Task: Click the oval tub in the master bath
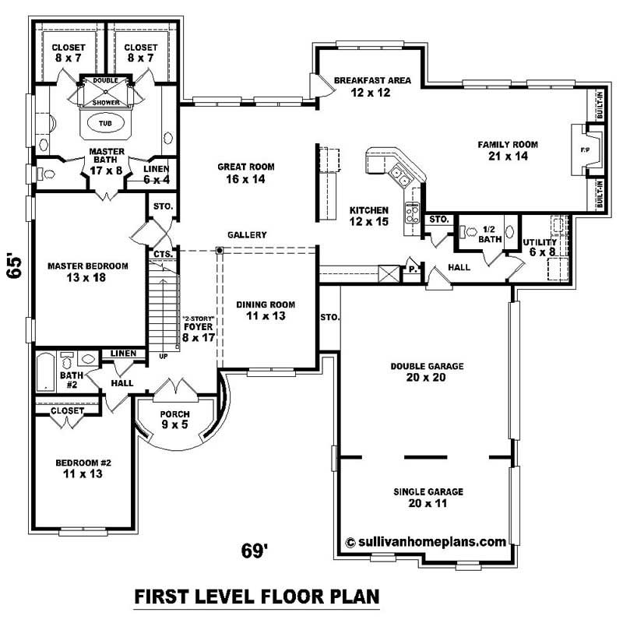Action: pos(104,123)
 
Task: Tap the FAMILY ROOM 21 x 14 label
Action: pos(508,150)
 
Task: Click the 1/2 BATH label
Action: pos(489,234)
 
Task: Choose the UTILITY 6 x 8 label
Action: pos(540,248)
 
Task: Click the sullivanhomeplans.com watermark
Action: pos(425,541)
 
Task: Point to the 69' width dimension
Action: pos(255,551)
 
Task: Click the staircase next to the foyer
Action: pos(164,308)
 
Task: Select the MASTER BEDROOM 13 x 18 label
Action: pos(87,272)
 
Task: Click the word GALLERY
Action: pos(248,235)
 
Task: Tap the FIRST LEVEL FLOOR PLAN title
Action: pos(257,597)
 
